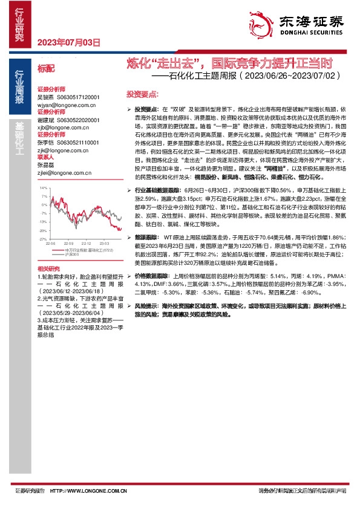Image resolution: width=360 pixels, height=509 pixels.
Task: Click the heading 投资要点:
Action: coord(142,95)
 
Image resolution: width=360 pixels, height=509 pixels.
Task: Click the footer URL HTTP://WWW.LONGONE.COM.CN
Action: coord(89,491)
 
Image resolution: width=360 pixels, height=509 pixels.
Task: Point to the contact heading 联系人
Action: coord(45,157)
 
